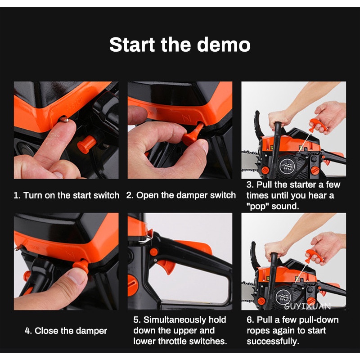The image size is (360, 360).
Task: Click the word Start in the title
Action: pyautogui.click(x=132, y=45)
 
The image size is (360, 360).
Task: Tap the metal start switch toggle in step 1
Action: pyautogui.click(x=64, y=119)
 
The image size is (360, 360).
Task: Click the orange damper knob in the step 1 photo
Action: pyautogui.click(x=86, y=144)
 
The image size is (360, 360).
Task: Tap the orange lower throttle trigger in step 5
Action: pyautogui.click(x=167, y=266)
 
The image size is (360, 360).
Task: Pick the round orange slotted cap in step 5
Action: pyautogui.click(x=133, y=285)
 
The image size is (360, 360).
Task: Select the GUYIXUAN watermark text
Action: pyautogui.click(x=307, y=306)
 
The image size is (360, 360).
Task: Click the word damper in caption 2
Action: pyautogui.click(x=192, y=195)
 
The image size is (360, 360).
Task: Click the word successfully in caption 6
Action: pyautogui.click(x=273, y=342)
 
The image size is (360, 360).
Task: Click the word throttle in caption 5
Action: pyautogui.click(x=171, y=342)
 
